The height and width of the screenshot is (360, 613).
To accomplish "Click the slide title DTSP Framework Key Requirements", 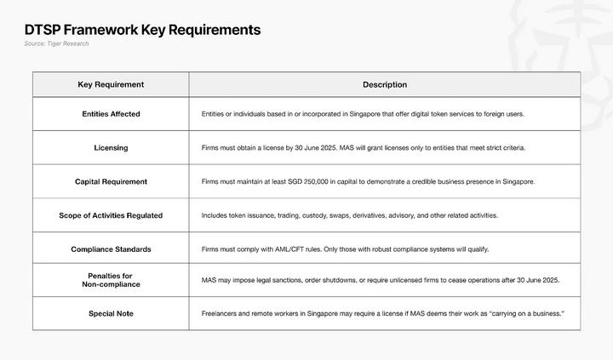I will [x=143, y=30].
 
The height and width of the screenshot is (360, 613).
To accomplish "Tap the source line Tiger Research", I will [x=57, y=43].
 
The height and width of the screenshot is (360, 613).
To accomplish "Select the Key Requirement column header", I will [x=111, y=84].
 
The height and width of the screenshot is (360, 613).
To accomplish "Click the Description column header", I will [x=385, y=84].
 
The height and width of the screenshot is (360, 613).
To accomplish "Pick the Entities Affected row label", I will [x=111, y=114].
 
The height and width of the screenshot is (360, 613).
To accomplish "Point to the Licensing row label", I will [x=111, y=147].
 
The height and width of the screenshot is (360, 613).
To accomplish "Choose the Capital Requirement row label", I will [x=111, y=181].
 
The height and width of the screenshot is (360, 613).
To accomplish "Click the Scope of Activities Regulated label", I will [x=111, y=215].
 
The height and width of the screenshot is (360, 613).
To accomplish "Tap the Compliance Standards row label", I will [x=111, y=249].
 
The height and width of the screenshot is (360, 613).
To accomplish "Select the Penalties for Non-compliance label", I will [x=111, y=279].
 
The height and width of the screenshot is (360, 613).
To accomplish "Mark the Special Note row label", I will [x=111, y=314].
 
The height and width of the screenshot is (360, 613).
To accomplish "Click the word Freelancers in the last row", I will [x=221, y=314].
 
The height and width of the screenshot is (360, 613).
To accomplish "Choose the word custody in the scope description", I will [x=310, y=215].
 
